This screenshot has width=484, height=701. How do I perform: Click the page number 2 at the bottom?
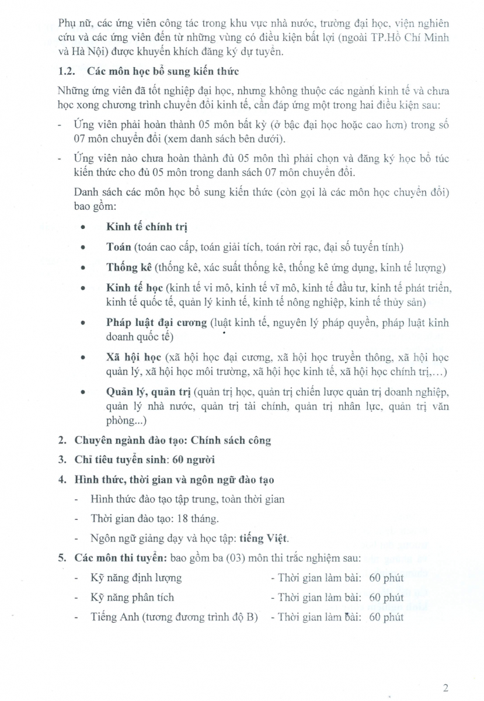pos(445,688)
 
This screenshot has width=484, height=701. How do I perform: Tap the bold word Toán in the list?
pos(119,248)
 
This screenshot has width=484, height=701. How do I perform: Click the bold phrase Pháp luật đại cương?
pos(157,322)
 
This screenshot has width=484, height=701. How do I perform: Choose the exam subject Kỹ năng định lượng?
pos(136,578)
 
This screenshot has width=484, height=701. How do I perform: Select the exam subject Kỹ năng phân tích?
pos(132,598)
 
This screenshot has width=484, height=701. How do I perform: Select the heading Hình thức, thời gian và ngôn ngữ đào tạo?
pos(175,480)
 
